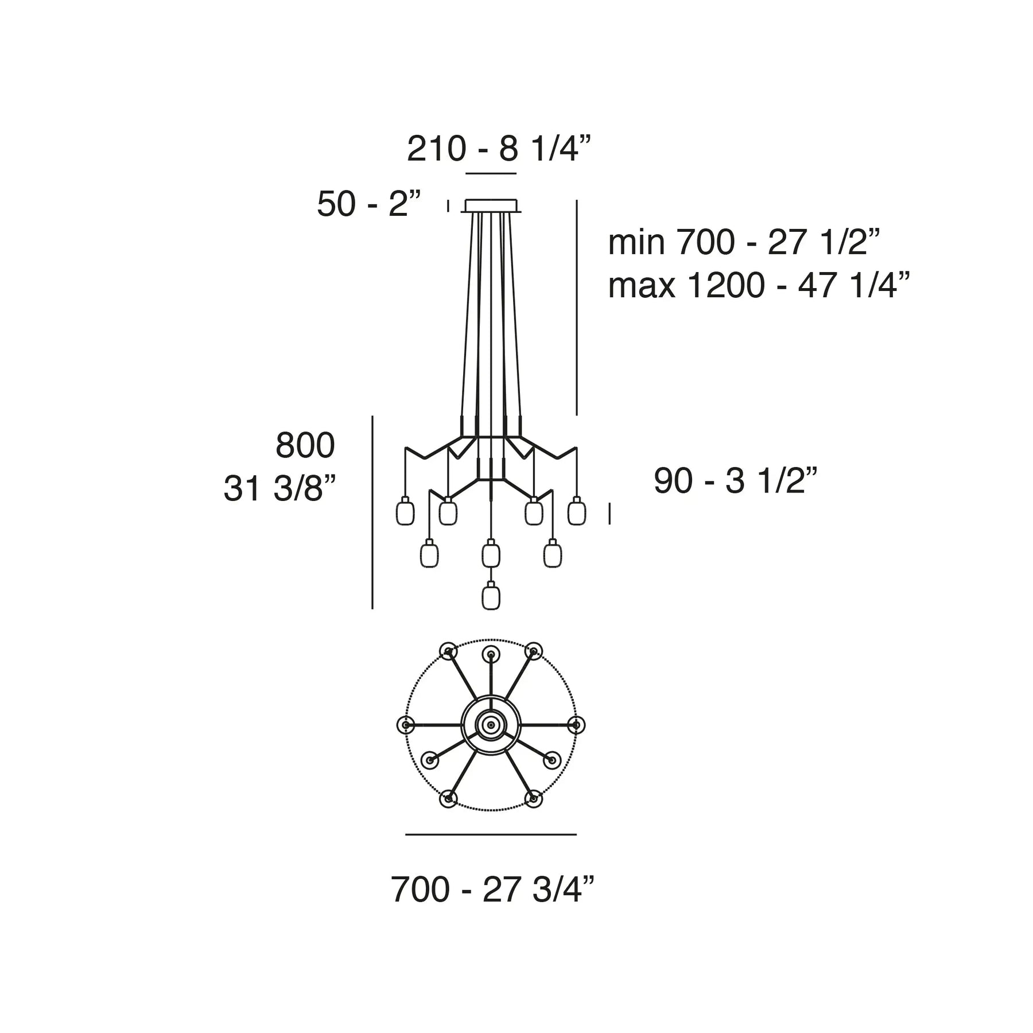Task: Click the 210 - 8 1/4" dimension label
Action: [x=499, y=149]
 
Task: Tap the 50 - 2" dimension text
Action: [x=369, y=204]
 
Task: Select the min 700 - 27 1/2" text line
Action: [x=744, y=242]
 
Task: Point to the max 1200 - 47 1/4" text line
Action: [x=759, y=285]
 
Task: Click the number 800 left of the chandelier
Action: [x=305, y=445]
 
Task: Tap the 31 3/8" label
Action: [x=279, y=490]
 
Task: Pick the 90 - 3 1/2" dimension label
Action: [x=735, y=480]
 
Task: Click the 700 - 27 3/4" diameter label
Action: [x=492, y=890]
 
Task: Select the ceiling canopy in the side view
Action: [x=491, y=205]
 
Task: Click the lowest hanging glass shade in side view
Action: [x=491, y=596]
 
